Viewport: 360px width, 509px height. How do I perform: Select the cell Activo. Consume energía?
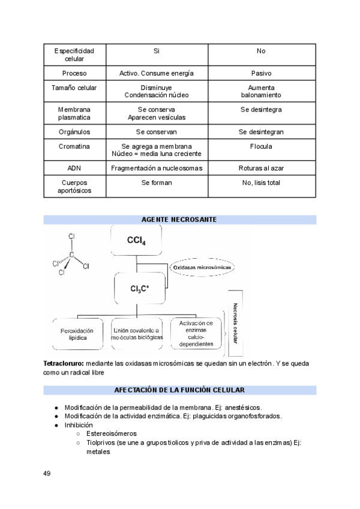(156, 73)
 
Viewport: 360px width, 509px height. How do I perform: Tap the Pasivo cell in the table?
(261, 73)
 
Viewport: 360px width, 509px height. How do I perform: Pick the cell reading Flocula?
(261, 146)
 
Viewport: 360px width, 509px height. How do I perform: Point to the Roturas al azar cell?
(261, 168)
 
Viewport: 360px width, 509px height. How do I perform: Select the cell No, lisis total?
(261, 183)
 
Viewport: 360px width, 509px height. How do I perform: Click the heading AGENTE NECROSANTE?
(179, 220)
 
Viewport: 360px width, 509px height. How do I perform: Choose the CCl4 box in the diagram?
(136, 241)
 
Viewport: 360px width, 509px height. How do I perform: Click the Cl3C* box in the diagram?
(139, 289)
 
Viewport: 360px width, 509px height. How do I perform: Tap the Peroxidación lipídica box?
(77, 334)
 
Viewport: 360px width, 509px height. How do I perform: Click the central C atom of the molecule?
(71, 255)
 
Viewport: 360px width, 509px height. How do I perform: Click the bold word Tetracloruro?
(64, 364)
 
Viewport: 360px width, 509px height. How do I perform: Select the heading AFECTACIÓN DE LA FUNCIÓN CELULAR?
(179, 390)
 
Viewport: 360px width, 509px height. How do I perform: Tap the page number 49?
(47, 474)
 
